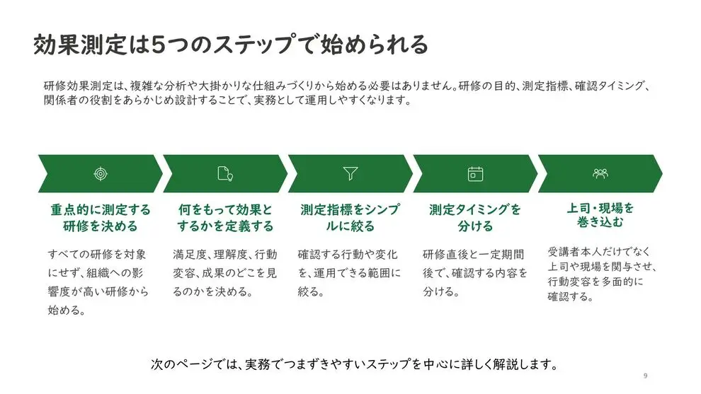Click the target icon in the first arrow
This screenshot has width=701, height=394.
(x=101, y=173)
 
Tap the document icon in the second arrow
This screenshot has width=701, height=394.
(x=225, y=173)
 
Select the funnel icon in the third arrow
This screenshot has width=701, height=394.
(x=350, y=173)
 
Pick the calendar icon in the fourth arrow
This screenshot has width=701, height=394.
(x=475, y=173)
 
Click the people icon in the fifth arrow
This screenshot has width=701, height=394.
(x=600, y=173)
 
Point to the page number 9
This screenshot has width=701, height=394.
(x=645, y=376)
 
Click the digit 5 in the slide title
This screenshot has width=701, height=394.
(x=159, y=45)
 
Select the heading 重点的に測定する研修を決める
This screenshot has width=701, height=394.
(x=101, y=218)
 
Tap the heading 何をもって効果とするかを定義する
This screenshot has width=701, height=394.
(x=225, y=218)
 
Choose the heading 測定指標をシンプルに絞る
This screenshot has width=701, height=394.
(x=350, y=218)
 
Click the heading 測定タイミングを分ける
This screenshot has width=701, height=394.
(x=475, y=218)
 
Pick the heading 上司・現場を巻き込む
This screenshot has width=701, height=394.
(x=600, y=215)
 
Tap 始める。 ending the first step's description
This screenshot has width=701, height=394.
(x=67, y=310)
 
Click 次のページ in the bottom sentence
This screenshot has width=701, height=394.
(x=180, y=364)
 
